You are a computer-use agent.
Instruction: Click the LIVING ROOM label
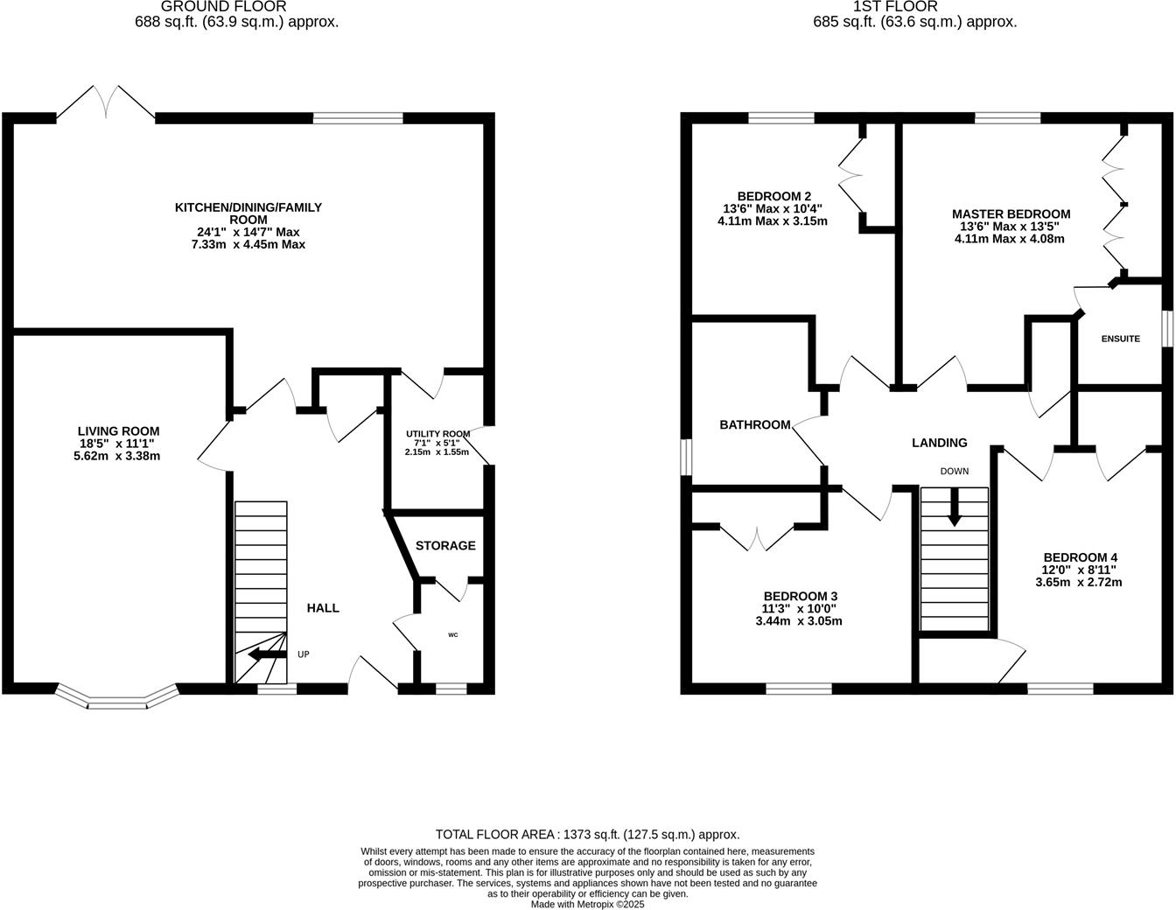(118, 430)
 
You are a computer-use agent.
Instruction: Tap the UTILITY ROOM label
(437, 434)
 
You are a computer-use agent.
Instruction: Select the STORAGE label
(445, 545)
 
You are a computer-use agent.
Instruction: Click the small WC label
(452, 634)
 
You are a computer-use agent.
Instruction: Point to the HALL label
(323, 607)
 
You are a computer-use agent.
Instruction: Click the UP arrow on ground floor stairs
(267, 654)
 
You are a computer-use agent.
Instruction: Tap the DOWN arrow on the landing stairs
(954, 508)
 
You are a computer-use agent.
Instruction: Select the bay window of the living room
(116, 698)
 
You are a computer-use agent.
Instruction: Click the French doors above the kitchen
(107, 101)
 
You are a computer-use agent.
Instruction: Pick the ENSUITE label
(1120, 339)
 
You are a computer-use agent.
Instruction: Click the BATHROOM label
(754, 424)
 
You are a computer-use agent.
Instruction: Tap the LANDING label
(939, 443)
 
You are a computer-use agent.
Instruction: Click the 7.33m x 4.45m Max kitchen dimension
(249, 244)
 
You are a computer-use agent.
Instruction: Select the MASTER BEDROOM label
(1011, 213)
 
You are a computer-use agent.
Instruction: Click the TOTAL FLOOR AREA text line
(587, 834)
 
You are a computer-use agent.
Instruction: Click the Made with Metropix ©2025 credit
(587, 904)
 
